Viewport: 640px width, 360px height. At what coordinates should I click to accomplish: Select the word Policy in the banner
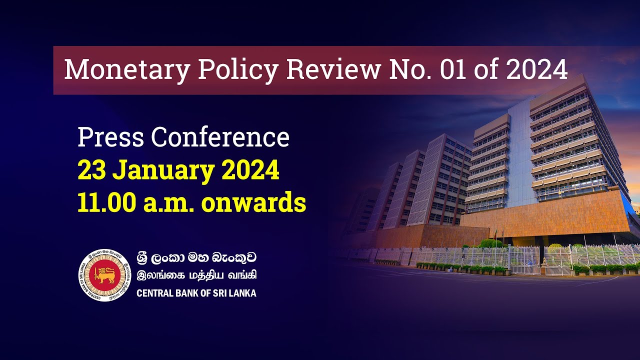click(237, 70)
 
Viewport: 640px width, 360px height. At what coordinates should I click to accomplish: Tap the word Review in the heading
click(333, 70)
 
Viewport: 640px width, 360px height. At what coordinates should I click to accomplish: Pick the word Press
click(110, 137)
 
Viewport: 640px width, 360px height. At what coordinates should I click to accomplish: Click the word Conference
click(220, 137)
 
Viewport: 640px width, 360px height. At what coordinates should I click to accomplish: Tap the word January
click(161, 171)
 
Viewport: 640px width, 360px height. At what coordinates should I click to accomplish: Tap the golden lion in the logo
click(105, 275)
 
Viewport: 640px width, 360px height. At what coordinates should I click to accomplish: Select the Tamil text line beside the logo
click(197, 275)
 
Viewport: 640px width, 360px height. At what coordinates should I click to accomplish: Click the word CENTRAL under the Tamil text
click(153, 293)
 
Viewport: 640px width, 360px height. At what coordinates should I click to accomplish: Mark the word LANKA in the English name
click(243, 293)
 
